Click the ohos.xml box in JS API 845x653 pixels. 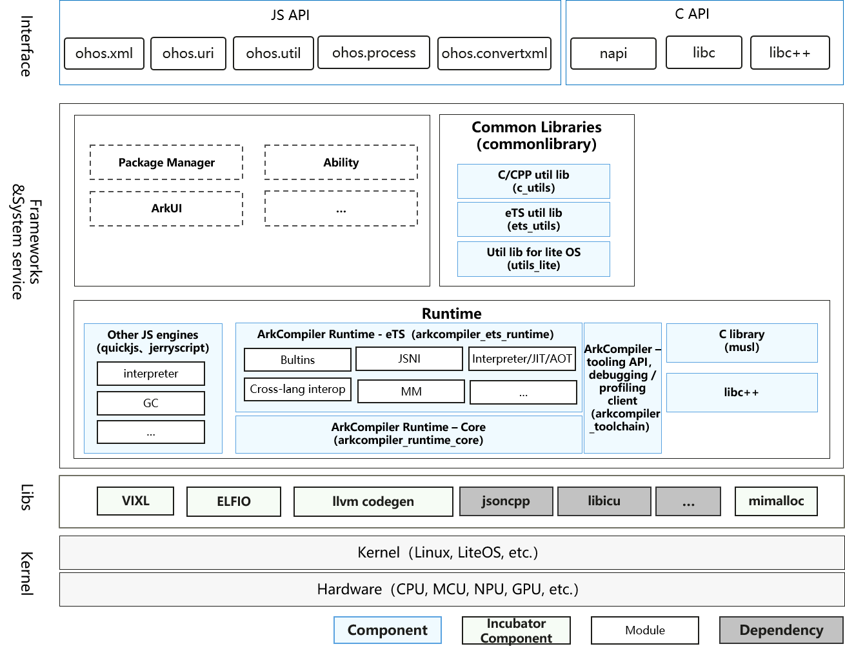[104, 54]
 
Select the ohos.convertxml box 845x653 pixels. [494, 54]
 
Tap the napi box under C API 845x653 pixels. [613, 54]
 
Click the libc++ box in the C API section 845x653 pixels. [790, 52]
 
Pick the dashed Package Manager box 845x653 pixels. [166, 162]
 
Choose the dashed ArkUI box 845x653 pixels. [166, 208]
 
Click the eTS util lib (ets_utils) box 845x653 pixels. [533, 219]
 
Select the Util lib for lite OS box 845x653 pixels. [533, 259]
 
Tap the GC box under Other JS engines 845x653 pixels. [151, 403]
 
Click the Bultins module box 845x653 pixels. [297, 360]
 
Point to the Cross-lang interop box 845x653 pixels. [297, 389]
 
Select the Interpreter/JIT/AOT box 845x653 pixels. [522, 359]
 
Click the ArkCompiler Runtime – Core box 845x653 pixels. [409, 434]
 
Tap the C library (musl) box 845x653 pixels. [742, 343]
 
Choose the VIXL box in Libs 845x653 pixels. [135, 501]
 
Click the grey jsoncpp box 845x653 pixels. [506, 501]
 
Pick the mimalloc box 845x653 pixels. [776, 501]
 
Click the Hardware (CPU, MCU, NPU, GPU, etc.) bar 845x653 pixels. [452, 589]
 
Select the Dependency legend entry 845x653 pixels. [781, 630]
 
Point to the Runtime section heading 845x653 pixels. [452, 314]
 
